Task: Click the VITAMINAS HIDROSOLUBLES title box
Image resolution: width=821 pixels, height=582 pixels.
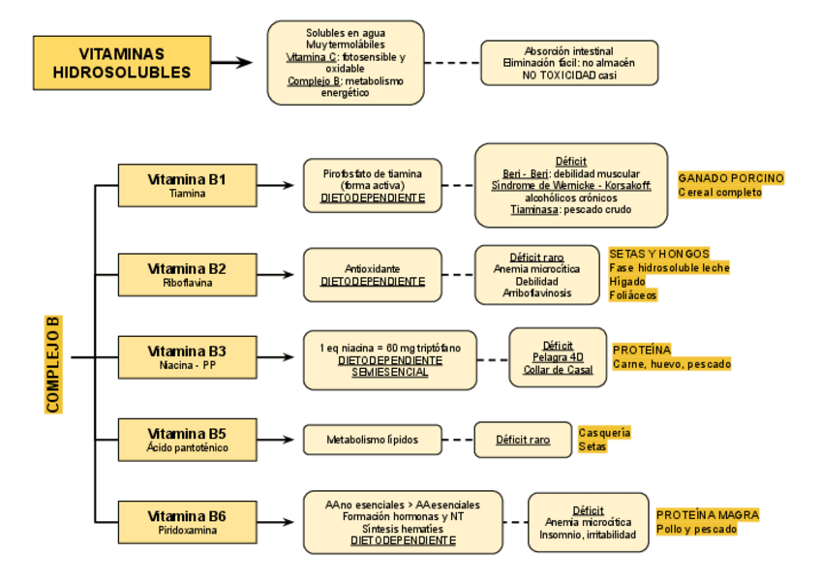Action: click(122, 63)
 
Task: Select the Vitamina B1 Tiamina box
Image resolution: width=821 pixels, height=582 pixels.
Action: click(187, 185)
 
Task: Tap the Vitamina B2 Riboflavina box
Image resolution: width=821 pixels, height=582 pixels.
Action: click(187, 275)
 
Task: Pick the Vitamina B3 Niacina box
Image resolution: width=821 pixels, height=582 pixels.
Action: click(187, 357)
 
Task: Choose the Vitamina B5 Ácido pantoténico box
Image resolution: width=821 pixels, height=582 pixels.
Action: click(187, 440)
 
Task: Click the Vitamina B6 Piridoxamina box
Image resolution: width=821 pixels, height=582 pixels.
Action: click(187, 522)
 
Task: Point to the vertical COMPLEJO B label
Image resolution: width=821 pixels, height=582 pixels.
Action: click(53, 364)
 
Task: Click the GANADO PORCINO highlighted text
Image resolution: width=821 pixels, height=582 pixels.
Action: click(730, 178)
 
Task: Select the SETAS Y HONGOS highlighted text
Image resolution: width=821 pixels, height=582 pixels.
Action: click(659, 254)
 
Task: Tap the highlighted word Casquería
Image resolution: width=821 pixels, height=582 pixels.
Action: click(604, 433)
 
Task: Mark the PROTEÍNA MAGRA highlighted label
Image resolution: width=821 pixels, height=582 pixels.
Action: click(708, 515)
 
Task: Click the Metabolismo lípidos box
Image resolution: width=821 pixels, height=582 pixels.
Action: click(373, 440)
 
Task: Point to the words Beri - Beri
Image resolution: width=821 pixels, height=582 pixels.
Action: click(526, 173)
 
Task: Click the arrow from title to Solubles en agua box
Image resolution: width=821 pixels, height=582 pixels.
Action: click(231, 63)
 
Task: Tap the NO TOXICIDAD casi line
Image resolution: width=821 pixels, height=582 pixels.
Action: click(569, 75)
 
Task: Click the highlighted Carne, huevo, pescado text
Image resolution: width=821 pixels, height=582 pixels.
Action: click(672, 364)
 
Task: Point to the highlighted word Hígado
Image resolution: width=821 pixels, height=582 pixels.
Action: click(626, 281)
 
